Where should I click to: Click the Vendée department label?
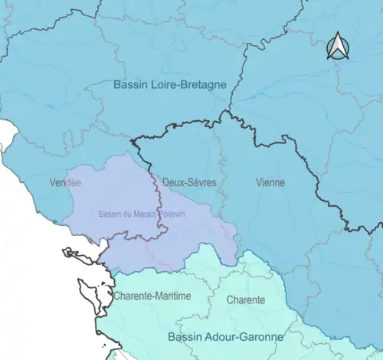pos(65,183)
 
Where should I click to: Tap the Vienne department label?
pos(270,183)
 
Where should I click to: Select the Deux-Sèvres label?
pos(189,183)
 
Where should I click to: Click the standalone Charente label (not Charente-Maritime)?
pos(245,300)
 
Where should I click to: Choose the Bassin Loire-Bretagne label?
pos(169,84)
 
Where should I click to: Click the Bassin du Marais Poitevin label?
pos(142,214)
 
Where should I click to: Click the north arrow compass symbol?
pos(337,47)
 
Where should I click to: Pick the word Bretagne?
pos(201,84)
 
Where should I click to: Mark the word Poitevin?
pos(171,214)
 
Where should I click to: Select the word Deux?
pos(171,183)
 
